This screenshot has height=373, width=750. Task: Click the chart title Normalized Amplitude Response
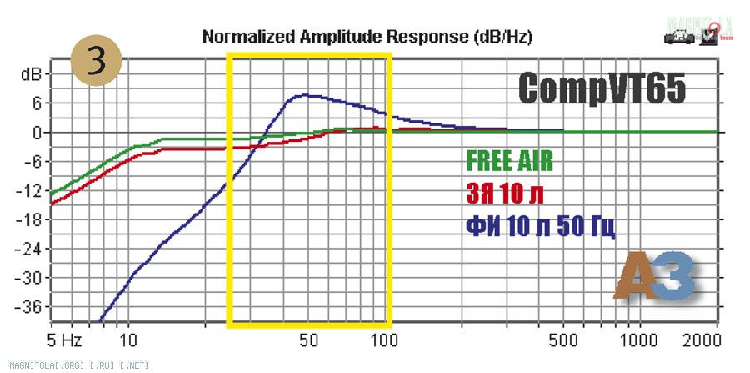[x=367, y=37]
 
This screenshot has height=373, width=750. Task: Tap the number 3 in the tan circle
[x=97, y=60]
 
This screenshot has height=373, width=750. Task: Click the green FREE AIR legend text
[x=509, y=160]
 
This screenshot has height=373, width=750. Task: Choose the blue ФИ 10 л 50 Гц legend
[x=540, y=226]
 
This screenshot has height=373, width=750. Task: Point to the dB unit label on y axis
[x=32, y=74]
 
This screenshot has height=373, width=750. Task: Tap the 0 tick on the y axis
[x=37, y=133]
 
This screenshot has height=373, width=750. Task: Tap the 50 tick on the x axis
[x=308, y=341]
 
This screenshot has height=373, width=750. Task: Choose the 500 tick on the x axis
[x=564, y=341]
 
